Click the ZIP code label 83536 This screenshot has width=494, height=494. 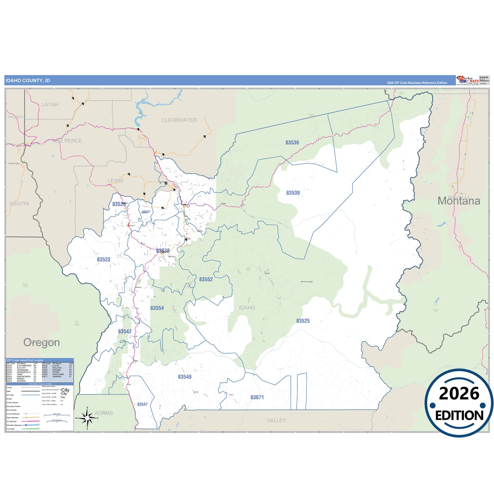tap(292, 143)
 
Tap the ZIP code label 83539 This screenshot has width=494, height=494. tap(293, 193)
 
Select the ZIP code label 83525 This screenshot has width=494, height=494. tap(303, 321)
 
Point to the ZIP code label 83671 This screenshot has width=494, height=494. tap(257, 397)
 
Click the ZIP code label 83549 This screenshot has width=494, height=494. tap(185, 377)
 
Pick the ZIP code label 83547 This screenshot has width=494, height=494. tap(142, 404)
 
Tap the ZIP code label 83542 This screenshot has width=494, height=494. tap(125, 331)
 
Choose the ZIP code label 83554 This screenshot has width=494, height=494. tap(157, 308)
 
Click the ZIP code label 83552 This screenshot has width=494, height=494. tap(206, 279)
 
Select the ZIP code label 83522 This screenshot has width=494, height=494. tap(104, 259)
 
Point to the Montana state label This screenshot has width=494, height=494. tap(459, 201)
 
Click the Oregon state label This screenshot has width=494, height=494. tap(41, 343)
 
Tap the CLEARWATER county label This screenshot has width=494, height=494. tap(179, 120)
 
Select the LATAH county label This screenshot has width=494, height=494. tap(50, 105)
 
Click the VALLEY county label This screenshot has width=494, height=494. tap(276, 420)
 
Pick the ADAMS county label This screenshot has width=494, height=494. tap(104, 413)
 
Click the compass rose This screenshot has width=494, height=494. tap(87, 418)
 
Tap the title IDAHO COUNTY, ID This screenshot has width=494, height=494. tap(28, 81)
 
